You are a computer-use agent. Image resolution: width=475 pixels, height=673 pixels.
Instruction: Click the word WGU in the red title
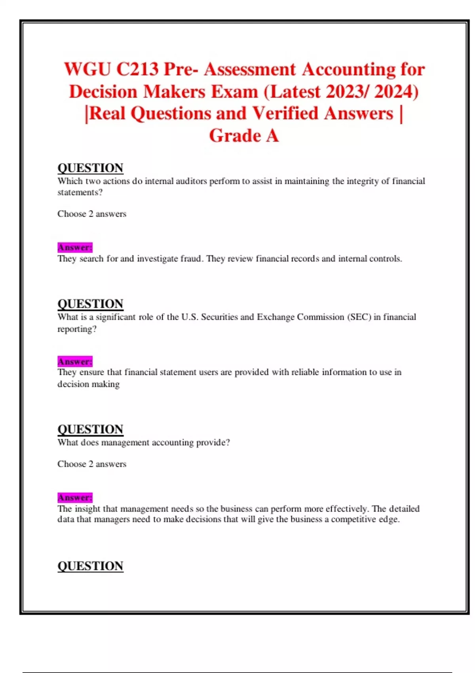[87, 69]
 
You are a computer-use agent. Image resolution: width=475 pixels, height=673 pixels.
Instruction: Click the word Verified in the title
[285, 114]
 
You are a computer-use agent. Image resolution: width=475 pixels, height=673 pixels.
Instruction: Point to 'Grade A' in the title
[244, 135]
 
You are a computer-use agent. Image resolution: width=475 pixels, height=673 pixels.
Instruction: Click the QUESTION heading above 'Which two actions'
[90, 168]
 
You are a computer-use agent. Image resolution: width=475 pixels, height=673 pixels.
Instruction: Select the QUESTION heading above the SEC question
[90, 304]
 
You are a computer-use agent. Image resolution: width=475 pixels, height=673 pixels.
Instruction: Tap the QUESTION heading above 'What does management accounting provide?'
[90, 429]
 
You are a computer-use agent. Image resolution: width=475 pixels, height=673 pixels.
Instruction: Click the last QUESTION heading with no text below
[90, 566]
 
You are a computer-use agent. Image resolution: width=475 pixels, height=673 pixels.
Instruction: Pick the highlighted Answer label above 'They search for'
[75, 247]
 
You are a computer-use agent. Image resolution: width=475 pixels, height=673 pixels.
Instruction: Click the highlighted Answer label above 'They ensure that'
[75, 361]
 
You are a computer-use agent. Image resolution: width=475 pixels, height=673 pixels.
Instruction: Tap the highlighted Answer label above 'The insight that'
[75, 497]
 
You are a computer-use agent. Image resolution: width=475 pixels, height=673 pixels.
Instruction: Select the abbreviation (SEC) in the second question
[359, 317]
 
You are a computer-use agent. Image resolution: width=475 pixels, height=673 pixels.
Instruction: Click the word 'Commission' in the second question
[320, 317]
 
